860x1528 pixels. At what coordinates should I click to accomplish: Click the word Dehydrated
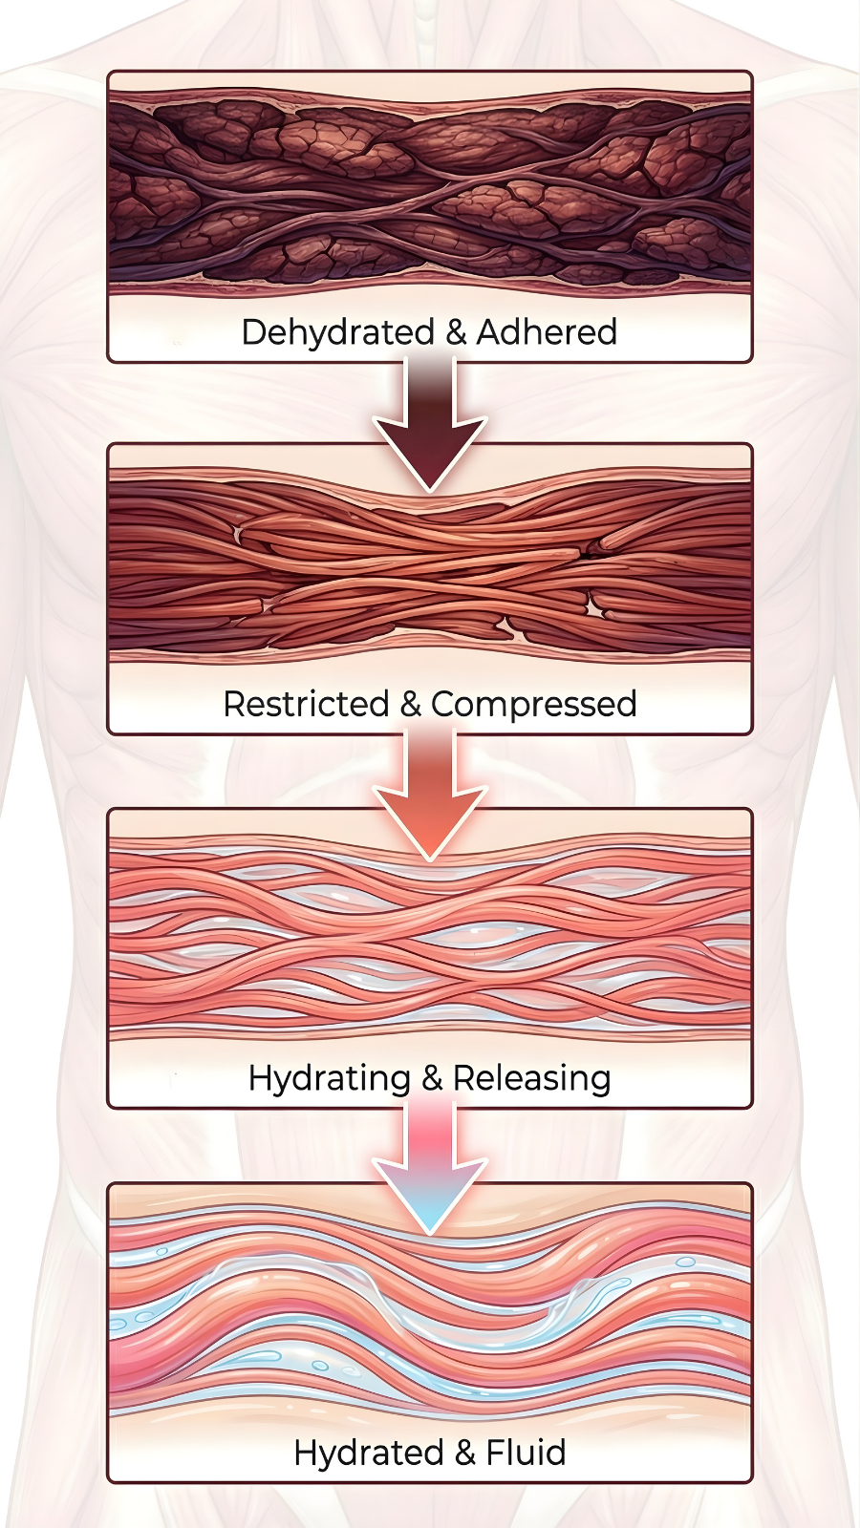point(337,332)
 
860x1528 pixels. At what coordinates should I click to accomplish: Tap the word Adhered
point(547,332)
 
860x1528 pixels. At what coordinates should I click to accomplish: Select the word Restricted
point(306,704)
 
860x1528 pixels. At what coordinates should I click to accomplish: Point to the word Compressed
point(533,704)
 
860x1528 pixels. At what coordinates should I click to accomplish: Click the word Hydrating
point(329,1078)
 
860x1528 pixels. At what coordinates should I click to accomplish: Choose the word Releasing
point(531,1078)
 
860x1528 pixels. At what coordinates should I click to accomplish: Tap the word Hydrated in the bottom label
point(368,1453)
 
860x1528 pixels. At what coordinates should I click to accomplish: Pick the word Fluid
point(526,1453)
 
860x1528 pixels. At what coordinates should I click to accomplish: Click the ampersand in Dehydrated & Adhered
point(456,332)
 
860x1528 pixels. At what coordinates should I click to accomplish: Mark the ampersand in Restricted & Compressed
point(411,704)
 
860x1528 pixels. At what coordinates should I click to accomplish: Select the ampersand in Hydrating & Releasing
point(432,1078)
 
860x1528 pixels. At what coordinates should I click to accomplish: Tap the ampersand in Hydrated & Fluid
point(465,1453)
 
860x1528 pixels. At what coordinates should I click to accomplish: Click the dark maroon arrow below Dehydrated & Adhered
point(430,420)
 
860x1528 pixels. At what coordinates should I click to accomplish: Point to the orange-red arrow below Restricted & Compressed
point(430,793)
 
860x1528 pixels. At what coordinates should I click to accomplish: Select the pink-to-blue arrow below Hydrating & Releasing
point(430,1165)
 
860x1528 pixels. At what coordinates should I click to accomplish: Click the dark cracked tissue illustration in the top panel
point(430,191)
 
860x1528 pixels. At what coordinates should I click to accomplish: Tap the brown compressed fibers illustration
point(430,563)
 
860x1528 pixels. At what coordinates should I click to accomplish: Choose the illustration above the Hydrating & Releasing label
point(430,936)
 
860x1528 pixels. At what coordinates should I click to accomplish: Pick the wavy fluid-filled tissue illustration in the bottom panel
point(430,1308)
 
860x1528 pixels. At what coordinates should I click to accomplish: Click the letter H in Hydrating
point(259,1077)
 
